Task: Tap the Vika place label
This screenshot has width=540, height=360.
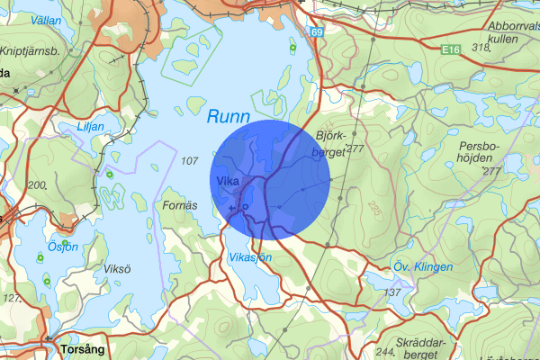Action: (x=227, y=180)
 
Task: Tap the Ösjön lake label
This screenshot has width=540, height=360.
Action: (x=63, y=247)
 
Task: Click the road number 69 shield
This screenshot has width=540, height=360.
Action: (x=317, y=33)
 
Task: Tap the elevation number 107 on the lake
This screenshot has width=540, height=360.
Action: (x=189, y=161)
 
